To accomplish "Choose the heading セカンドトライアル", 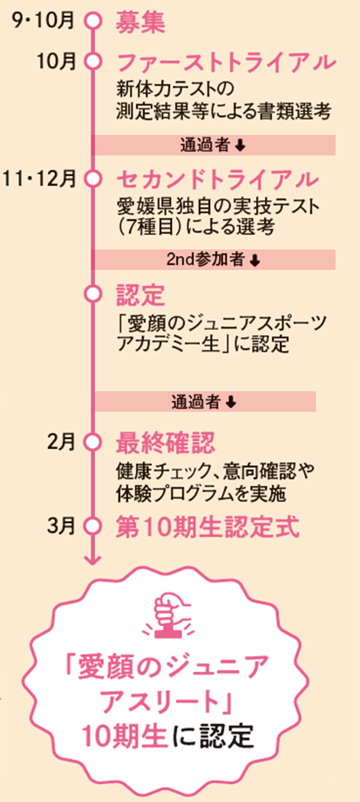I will pos(218,179).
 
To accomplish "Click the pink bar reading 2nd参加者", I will pos(214,259).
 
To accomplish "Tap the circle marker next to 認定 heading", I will pos(93,292).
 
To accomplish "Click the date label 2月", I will pos(61,441).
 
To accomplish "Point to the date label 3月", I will pos(61,525).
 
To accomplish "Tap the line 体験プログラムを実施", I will pos(201,492).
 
